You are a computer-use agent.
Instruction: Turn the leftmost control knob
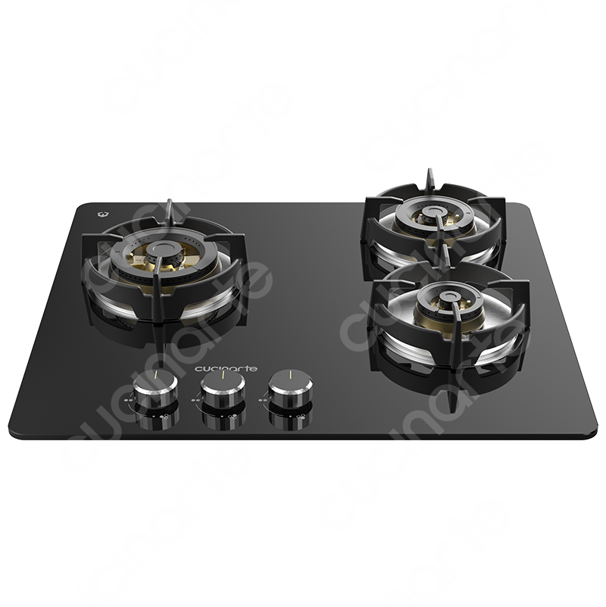coord(155,388)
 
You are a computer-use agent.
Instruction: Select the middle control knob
coord(223,389)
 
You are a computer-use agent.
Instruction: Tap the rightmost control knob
coord(290,389)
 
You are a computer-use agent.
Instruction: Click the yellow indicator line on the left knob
coord(155,374)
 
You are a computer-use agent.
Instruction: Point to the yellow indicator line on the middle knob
coord(223,374)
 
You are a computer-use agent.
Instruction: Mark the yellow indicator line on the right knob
coord(291,374)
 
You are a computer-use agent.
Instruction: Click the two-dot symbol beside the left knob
coord(127,401)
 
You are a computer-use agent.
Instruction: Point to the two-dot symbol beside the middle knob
coord(195,401)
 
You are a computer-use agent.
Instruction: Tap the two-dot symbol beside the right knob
coord(262,401)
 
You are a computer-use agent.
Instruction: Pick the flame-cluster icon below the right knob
coord(300,417)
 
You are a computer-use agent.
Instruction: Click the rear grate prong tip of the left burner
coord(169,202)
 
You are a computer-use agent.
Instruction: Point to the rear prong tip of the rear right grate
coord(430,171)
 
